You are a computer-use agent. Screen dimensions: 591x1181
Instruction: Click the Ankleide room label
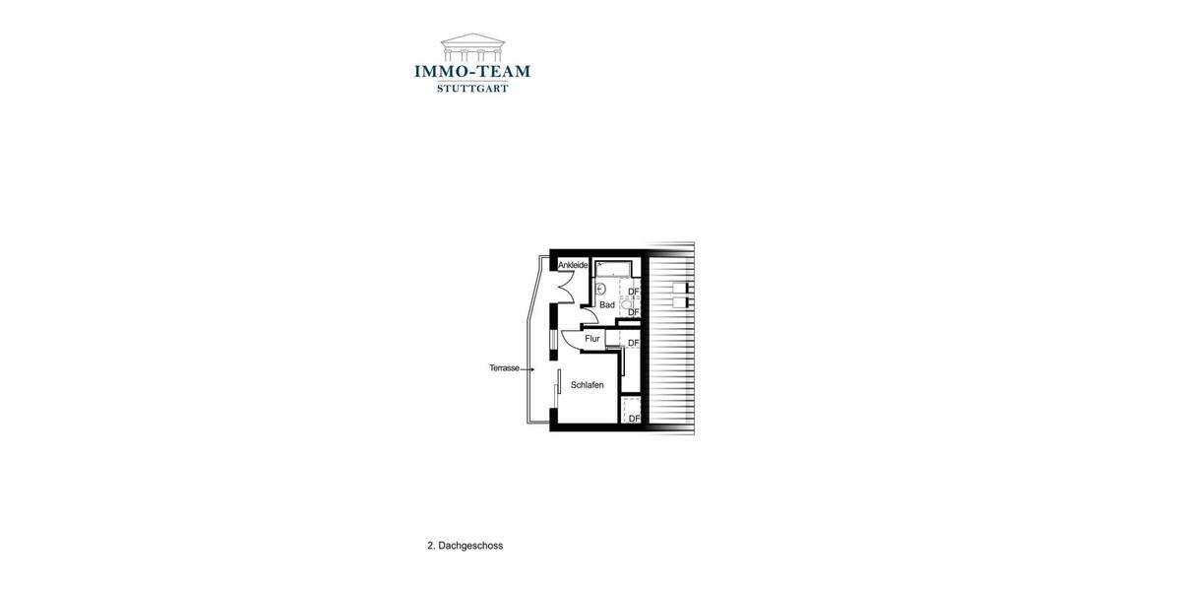573,265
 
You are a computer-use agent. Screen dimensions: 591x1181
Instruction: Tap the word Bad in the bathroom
607,305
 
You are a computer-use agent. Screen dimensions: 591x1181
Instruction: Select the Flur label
591,339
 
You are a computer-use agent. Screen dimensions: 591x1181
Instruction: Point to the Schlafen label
588,385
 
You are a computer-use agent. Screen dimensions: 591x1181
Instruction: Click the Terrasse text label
504,368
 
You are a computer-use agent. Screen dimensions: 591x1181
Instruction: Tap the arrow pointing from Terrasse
528,369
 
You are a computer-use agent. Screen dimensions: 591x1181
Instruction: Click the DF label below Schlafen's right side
634,419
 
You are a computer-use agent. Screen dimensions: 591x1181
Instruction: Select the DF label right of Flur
634,343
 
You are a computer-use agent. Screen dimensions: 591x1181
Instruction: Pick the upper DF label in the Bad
634,292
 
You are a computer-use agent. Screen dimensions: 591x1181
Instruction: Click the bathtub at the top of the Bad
615,268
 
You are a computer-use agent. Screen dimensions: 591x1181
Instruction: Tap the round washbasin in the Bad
600,289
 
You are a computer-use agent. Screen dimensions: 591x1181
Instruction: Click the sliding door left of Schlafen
558,387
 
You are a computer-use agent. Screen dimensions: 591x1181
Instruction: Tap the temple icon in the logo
472,47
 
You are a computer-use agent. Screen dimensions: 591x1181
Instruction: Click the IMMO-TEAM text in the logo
472,72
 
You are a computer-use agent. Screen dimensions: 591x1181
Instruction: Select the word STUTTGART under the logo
472,89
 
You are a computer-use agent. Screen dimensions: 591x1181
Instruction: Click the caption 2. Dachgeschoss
465,546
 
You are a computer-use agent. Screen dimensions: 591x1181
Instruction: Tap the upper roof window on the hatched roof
681,287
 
